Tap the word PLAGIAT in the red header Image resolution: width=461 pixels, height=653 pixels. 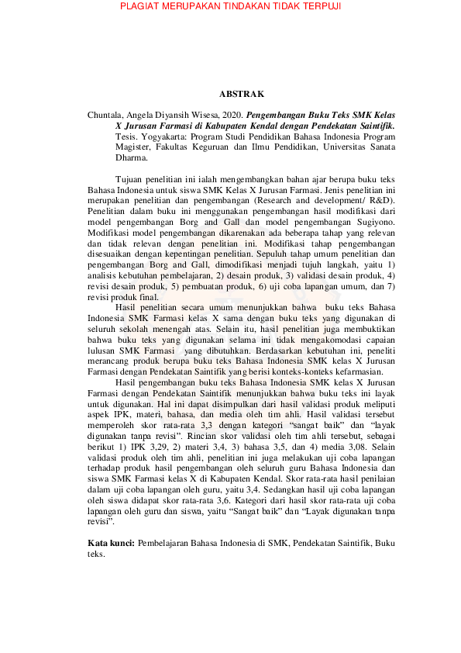pyautogui.click(x=143, y=7)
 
